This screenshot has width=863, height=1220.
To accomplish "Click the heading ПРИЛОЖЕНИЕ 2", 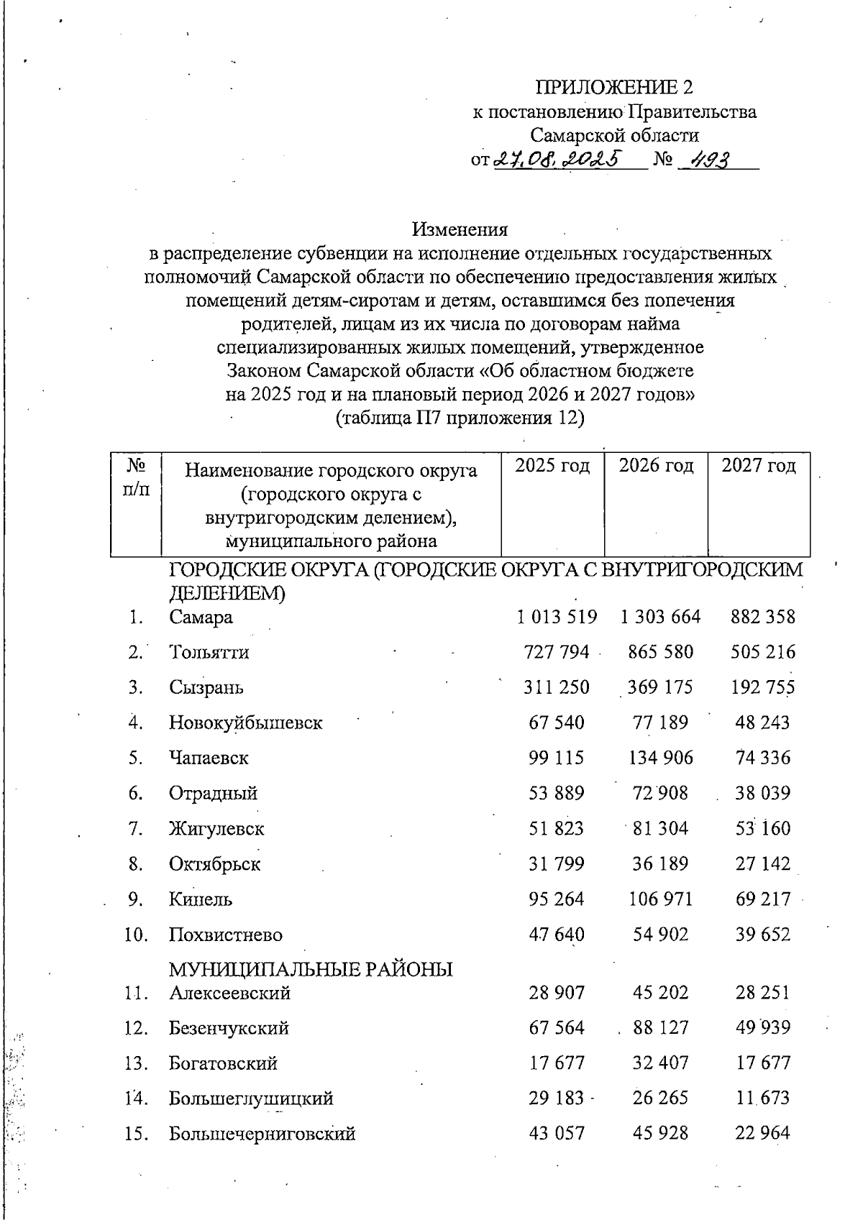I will [x=614, y=88].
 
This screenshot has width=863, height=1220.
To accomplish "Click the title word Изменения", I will [x=460, y=229].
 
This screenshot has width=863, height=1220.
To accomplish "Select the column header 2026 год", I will [x=656, y=466].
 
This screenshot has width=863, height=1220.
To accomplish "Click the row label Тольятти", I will [x=209, y=653].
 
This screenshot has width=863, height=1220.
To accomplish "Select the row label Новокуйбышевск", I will [x=245, y=723].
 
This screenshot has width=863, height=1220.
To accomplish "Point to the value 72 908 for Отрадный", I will [x=659, y=793].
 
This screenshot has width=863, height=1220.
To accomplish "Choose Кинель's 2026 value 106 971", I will [x=659, y=899].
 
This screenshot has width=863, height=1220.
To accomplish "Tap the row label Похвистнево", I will [x=226, y=935].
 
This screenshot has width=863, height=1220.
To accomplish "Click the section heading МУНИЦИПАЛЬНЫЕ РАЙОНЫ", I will [x=311, y=970].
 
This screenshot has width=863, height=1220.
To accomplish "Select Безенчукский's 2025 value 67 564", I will [x=557, y=1028].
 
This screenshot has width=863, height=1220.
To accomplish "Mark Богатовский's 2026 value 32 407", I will [x=659, y=1063].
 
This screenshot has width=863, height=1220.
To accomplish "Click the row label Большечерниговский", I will [x=262, y=1134].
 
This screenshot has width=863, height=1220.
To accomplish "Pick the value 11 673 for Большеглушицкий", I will [x=762, y=1099].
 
